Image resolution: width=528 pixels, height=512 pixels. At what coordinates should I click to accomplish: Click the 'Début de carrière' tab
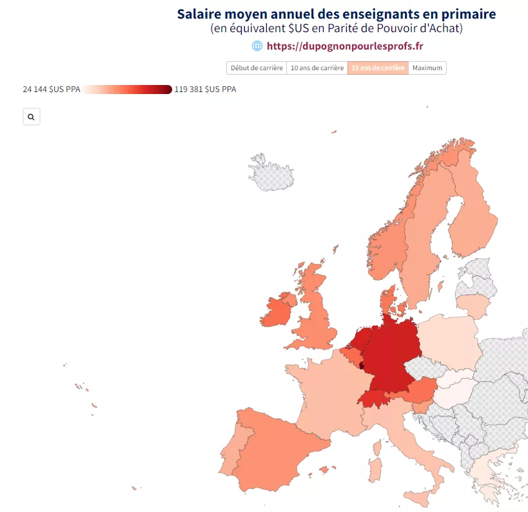pos(257,68)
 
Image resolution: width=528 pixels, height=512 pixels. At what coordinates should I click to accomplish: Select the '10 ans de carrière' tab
pos(317,68)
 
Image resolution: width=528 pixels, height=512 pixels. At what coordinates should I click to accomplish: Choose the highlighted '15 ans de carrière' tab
pos(378,68)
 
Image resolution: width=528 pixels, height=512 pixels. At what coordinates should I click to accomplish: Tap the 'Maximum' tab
pos(427,68)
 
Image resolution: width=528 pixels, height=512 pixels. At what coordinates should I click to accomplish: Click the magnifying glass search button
pos(32,117)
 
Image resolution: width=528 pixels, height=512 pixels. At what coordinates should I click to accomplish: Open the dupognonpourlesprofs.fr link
pos(345,46)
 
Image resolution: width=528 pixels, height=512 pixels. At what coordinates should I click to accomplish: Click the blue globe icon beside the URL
pos(257,46)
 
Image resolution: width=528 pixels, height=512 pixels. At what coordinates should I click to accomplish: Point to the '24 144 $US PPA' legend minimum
pos(52,89)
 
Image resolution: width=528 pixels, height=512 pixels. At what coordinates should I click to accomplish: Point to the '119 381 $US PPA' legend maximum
pos(206,89)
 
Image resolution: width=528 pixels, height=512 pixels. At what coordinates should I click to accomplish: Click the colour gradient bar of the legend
pos(127,90)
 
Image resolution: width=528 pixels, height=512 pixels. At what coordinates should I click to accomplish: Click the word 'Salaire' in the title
pos(199,14)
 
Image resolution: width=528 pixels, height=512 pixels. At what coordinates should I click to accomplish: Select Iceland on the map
pos(271,173)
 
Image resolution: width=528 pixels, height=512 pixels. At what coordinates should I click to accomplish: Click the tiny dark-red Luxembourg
pos(361,366)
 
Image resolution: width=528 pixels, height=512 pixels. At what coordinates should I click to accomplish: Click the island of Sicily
pos(418,498)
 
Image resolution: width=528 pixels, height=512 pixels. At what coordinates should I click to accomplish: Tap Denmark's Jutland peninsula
pos(387,300)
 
